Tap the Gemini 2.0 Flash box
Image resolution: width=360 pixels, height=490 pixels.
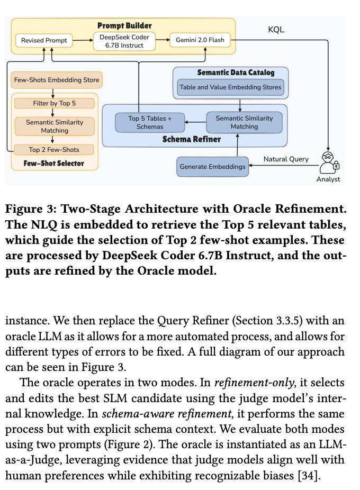point(200,40)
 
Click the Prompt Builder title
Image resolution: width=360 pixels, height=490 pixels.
point(124,25)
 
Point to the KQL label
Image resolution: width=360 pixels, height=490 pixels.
point(276,30)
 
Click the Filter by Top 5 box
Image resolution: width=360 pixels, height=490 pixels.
point(55,103)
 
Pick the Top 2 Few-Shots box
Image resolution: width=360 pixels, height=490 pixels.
point(55,150)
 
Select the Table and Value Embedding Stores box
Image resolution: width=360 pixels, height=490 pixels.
point(230,87)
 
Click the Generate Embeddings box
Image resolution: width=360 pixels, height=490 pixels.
point(212,166)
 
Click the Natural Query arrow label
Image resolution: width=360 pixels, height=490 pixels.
point(286,159)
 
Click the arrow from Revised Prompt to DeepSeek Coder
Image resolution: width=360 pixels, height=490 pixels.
point(82,40)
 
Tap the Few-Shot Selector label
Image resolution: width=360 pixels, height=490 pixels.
point(54,164)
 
